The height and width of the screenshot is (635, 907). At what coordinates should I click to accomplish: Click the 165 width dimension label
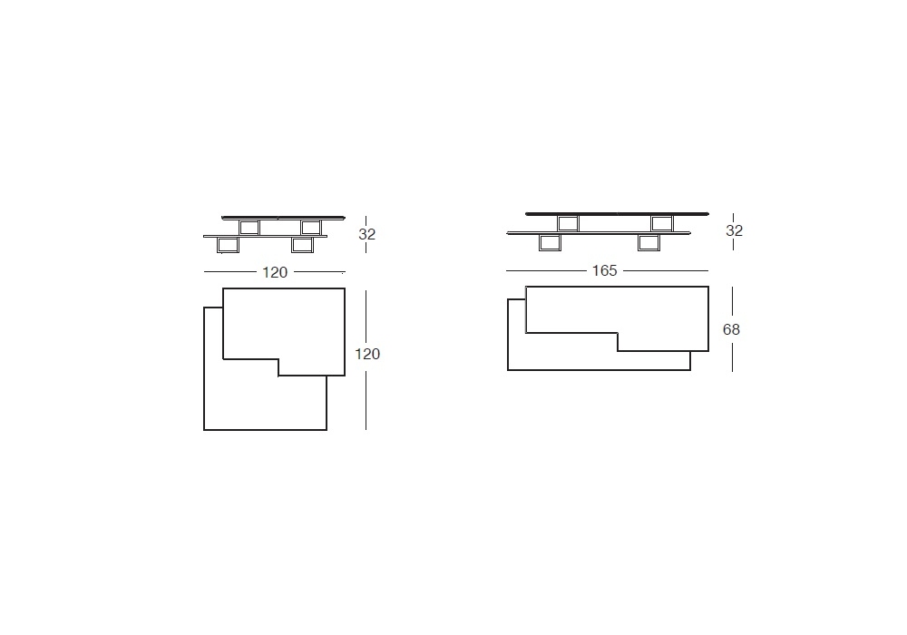[x=604, y=270]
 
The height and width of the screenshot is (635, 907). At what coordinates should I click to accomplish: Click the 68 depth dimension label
[x=731, y=329]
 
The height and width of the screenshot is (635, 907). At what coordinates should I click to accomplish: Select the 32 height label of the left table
[x=366, y=234]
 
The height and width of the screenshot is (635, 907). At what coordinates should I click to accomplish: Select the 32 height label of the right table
[x=734, y=230]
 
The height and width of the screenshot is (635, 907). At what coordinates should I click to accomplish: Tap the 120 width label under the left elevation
[x=275, y=272]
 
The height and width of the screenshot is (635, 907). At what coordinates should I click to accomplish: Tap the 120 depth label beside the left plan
[x=367, y=354]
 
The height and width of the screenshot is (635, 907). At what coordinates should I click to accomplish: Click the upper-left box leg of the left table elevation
[x=249, y=228]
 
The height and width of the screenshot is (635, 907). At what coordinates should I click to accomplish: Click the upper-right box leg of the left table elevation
[x=311, y=228]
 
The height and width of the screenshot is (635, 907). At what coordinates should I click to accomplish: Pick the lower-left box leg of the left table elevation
[x=228, y=245]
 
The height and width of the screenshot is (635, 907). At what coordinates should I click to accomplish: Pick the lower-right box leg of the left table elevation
[x=303, y=245]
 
